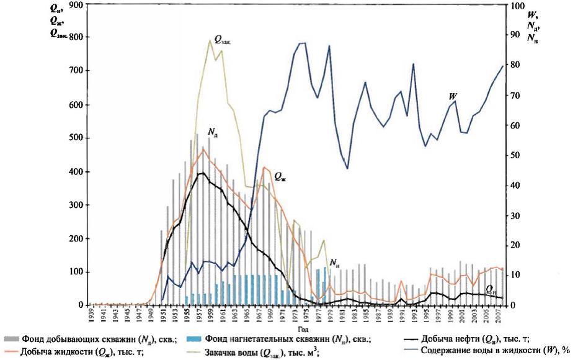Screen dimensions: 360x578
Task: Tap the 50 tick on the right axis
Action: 512,155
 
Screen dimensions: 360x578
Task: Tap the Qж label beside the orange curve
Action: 280,177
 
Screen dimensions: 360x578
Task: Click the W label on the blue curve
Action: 454,96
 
